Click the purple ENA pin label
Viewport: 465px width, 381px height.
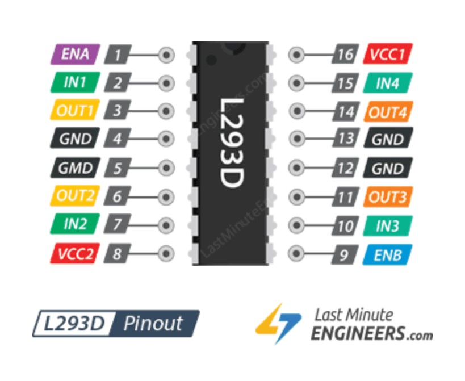coord(75,55)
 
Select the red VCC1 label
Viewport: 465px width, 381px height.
coord(387,55)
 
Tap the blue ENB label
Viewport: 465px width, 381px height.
coord(387,254)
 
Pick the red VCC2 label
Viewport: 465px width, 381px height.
coord(75,254)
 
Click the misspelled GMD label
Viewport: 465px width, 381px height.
coord(75,168)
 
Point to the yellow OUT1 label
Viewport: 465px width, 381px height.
coord(75,111)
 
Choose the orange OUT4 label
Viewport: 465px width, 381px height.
coord(388,112)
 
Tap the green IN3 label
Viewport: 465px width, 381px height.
coord(387,225)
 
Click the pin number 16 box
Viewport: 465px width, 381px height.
coord(345,55)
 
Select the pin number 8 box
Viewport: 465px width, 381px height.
coord(118,254)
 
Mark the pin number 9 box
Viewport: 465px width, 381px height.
coord(345,254)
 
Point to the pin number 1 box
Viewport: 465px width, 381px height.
coord(118,55)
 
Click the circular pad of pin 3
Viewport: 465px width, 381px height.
coord(166,111)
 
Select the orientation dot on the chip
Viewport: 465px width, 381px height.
coord(211,59)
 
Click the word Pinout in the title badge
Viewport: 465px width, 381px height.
coord(153,324)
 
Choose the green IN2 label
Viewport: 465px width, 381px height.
coord(75,224)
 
